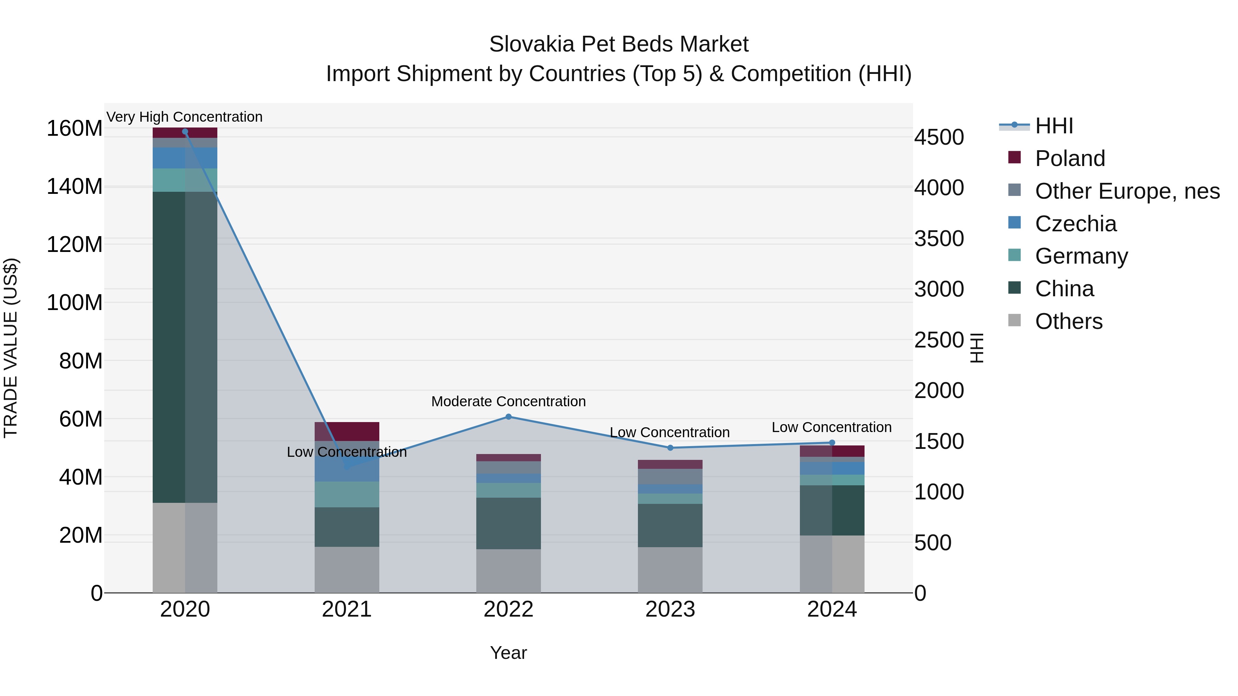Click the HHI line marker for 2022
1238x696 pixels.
[x=509, y=417]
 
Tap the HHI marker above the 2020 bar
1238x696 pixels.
[x=185, y=132]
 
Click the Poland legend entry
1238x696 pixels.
[x=1070, y=158]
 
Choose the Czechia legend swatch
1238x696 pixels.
[x=1014, y=223]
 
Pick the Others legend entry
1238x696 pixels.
[x=1068, y=321]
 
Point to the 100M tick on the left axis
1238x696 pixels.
[x=75, y=302]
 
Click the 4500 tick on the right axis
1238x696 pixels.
[x=938, y=137]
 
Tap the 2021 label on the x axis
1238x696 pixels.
[x=347, y=609]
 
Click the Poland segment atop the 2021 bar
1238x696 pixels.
[x=347, y=431]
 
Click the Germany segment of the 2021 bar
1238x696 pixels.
[x=347, y=494]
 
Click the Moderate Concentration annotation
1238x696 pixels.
[x=509, y=401]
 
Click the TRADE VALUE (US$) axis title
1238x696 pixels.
[x=11, y=348]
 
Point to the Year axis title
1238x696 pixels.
[x=509, y=653]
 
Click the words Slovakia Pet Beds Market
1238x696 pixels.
[x=619, y=44]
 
